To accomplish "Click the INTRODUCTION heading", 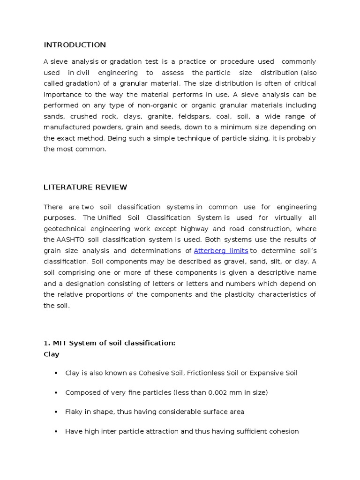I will coord(75,45).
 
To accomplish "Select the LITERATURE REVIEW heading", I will coord(85,187).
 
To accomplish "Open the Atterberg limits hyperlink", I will coord(221,251).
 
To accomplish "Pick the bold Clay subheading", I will coord(52,354).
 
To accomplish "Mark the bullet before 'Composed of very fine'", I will coord(55,392).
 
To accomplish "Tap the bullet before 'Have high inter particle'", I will coord(55,431).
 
